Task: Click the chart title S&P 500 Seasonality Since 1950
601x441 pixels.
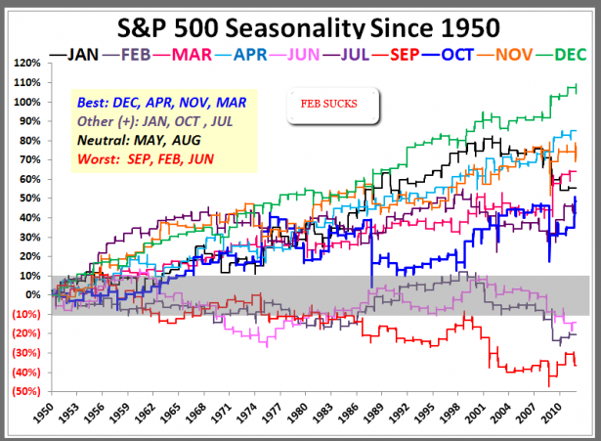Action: point(300,23)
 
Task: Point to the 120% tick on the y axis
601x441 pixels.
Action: point(26,63)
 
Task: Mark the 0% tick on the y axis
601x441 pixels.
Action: point(31,294)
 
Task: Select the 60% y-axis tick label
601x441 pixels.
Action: point(29,179)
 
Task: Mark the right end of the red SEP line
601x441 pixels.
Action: point(577,365)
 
